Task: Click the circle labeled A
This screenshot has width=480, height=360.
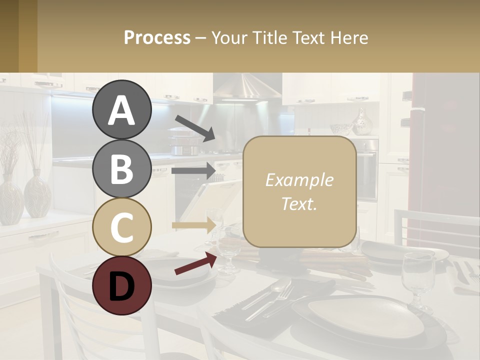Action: tap(121, 109)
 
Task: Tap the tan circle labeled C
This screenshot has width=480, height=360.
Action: tap(121, 227)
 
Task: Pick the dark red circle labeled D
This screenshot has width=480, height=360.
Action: tap(121, 285)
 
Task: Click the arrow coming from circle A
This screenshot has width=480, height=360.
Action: tap(195, 128)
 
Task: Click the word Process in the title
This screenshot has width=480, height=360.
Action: tap(157, 37)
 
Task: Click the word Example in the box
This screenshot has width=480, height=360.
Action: tap(299, 180)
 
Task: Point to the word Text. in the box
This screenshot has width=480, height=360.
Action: tap(299, 203)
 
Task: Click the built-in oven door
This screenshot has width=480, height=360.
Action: tap(367, 172)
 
